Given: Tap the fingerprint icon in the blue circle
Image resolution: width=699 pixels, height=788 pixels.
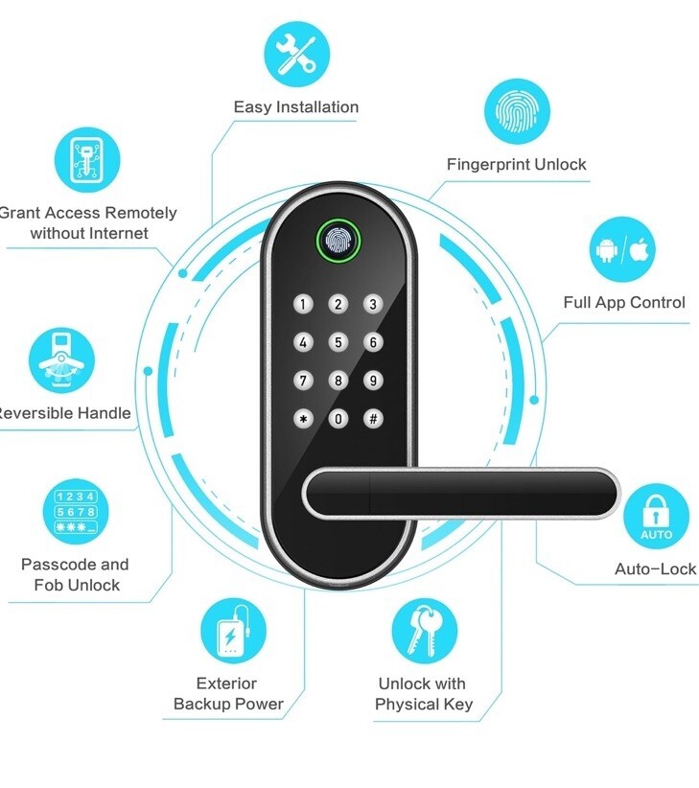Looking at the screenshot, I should (x=517, y=112).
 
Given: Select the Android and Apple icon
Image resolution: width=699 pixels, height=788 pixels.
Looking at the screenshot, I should (x=621, y=251).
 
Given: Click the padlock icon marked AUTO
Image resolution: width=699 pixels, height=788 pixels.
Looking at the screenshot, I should (x=656, y=516).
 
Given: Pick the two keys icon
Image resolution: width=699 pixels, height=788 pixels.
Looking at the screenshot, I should (x=424, y=631).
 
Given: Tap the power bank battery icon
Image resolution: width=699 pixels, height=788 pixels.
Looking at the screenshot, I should (x=232, y=634).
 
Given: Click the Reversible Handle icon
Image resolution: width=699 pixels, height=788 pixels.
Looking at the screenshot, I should (x=62, y=361).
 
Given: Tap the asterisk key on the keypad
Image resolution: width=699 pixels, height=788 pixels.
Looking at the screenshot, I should (x=304, y=419).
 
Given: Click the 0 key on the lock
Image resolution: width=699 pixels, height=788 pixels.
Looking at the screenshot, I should (x=338, y=419).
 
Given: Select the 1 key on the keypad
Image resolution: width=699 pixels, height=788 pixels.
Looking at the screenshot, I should (x=304, y=305).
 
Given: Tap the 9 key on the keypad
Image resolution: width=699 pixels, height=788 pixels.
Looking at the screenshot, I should (x=372, y=381).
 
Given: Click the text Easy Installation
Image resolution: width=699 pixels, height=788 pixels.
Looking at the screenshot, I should (x=295, y=107).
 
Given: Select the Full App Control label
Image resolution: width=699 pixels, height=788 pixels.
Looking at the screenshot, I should (x=624, y=303).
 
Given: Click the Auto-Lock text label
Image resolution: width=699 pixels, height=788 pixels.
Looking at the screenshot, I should (x=656, y=569).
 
